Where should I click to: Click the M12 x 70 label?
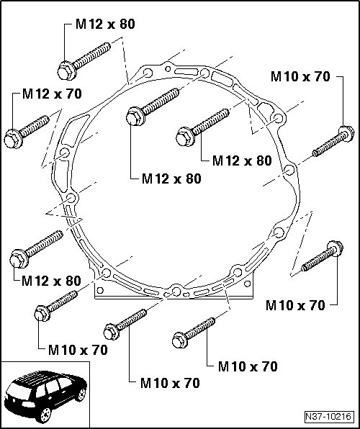click(x=52, y=94)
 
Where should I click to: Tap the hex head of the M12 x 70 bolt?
click(x=13, y=139)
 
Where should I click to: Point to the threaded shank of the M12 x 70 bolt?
click(x=35, y=126)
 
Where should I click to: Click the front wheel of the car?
click(x=45, y=415)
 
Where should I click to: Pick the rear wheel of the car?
click(x=81, y=394)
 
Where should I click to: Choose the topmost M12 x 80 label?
click(x=105, y=24)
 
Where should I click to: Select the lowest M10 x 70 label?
click(x=170, y=383)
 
